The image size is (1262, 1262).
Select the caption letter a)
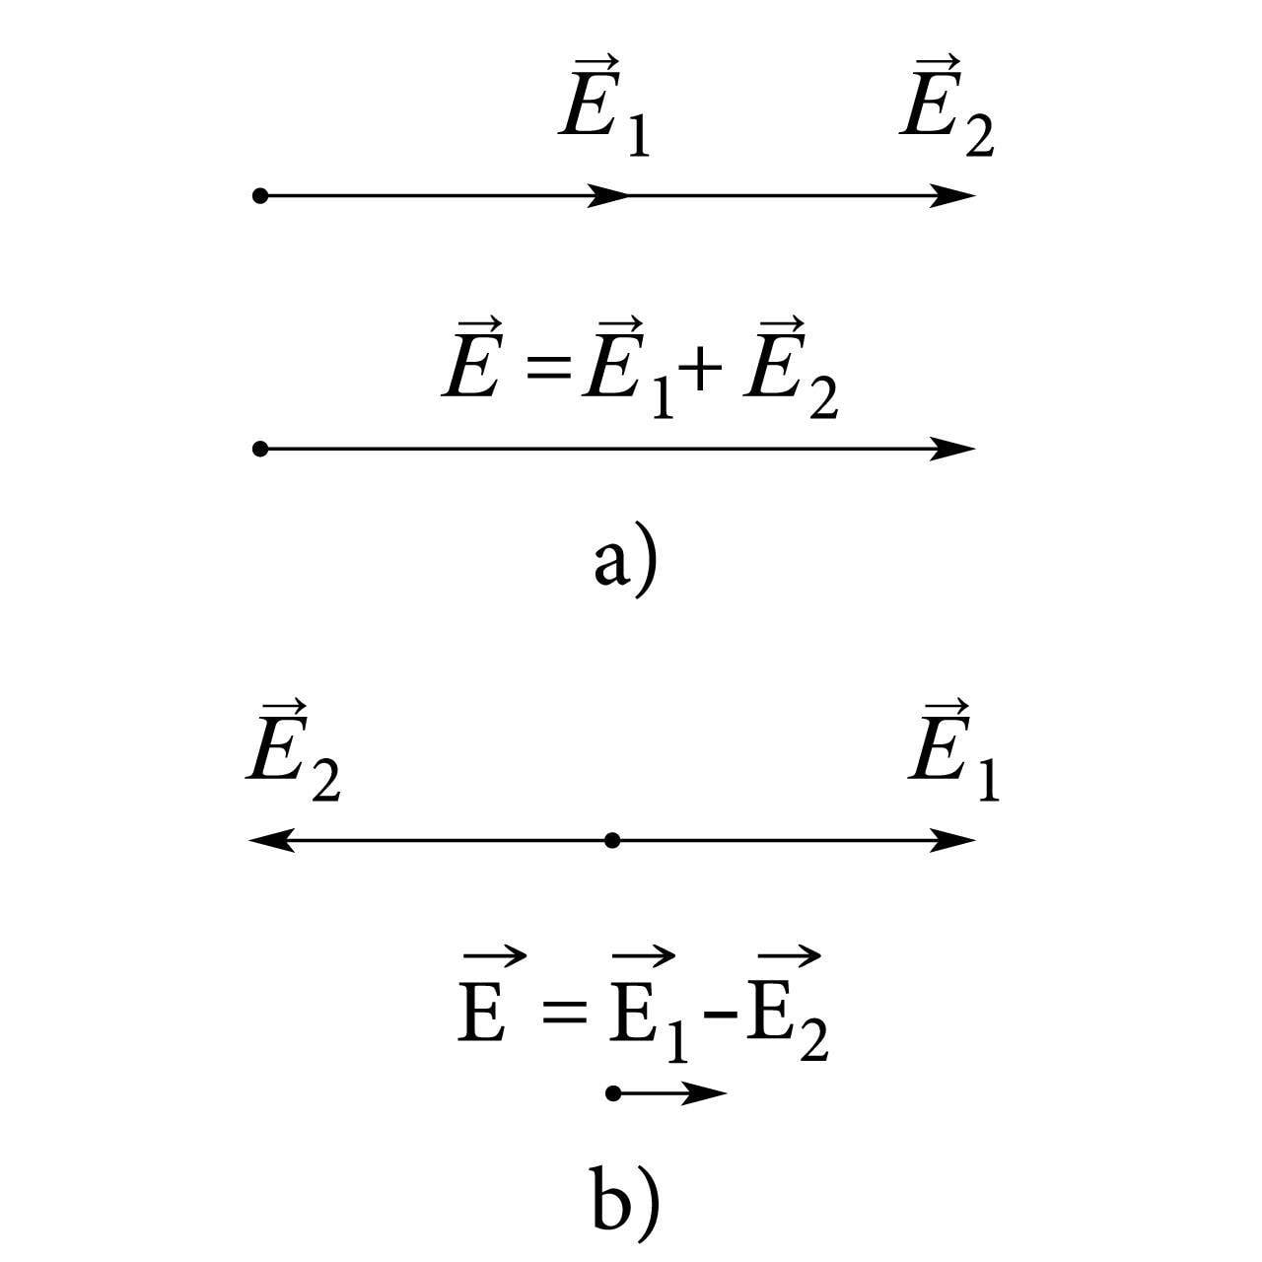[624, 563]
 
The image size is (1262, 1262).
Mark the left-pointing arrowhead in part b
[268, 841]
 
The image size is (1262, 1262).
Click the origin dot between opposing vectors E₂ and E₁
[612, 841]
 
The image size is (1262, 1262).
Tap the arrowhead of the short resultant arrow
[707, 1092]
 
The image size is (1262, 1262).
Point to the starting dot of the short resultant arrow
[613, 1092]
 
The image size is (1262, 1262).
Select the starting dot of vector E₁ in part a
[260, 195]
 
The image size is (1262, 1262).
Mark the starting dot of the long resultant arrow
[260, 449]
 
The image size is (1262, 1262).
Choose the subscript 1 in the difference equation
[676, 1044]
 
